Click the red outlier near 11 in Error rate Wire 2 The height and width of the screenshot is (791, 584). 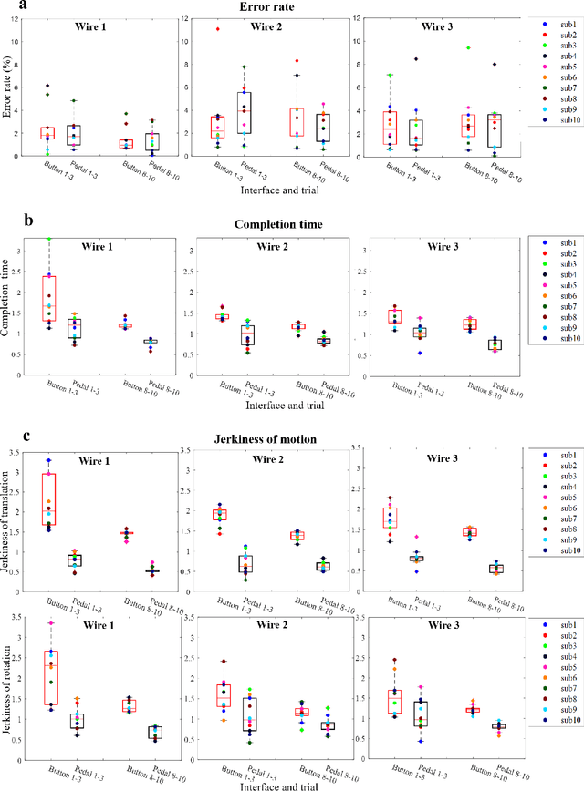point(217,29)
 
